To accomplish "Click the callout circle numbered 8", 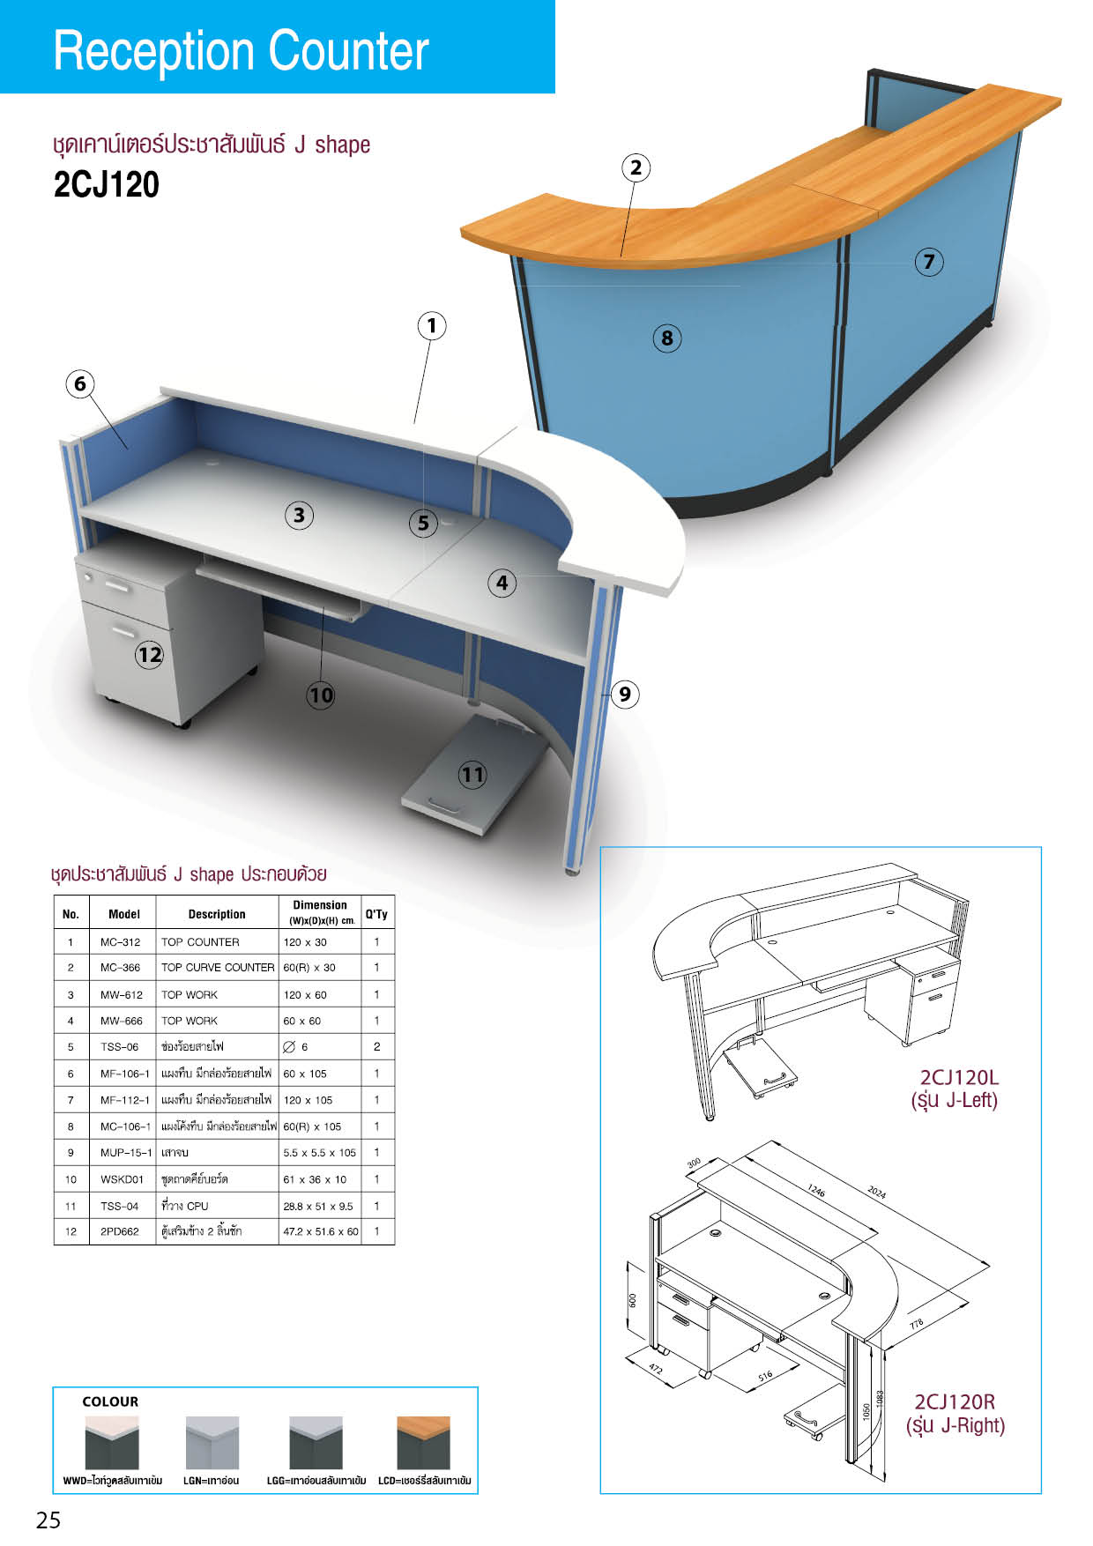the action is [x=667, y=338].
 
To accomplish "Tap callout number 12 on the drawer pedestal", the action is [x=150, y=654].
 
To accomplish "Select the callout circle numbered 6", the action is [x=80, y=383].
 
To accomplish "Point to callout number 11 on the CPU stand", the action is [x=472, y=775].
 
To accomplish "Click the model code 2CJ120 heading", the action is [x=107, y=185].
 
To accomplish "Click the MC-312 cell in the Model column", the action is [x=120, y=942].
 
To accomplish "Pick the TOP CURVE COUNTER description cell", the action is [x=218, y=968].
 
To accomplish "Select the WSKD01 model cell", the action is [x=122, y=1179].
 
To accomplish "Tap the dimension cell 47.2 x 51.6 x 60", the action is [x=321, y=1231].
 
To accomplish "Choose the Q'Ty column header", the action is [x=376, y=914].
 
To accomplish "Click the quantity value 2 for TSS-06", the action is [x=377, y=1047].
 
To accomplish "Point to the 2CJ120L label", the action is [x=959, y=1077].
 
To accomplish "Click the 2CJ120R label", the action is [x=955, y=1402].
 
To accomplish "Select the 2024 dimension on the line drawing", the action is [x=876, y=1192].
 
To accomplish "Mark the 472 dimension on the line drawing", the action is [x=656, y=1369].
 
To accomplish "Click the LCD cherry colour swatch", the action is [x=424, y=1443].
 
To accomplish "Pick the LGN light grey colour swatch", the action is [x=212, y=1443].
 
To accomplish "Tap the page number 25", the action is [x=48, y=1520].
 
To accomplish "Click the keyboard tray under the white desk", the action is [x=280, y=585].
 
